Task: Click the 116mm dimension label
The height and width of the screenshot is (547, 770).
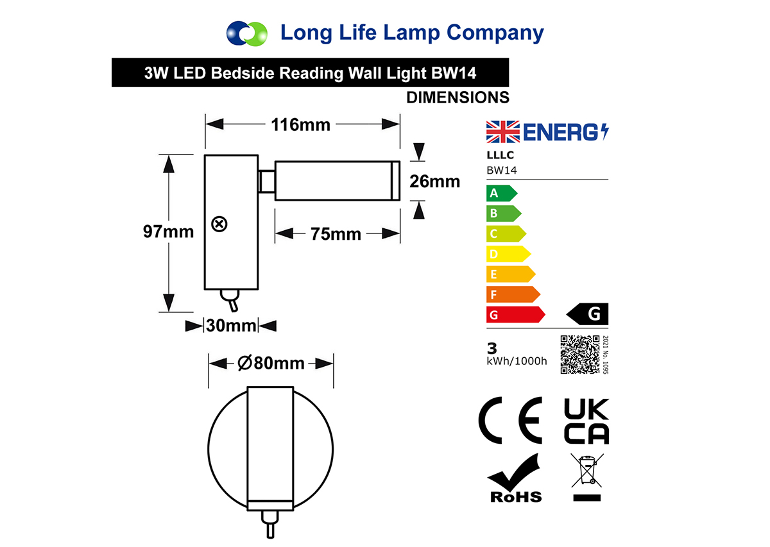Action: [x=300, y=124]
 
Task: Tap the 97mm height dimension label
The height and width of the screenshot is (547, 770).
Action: [x=168, y=231]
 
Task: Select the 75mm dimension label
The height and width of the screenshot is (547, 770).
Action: [x=336, y=234]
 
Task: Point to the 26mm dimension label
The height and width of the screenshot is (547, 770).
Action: [x=435, y=181]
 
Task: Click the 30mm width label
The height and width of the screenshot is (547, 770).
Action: [x=232, y=325]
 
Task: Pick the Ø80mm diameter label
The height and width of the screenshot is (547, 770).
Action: [x=271, y=363]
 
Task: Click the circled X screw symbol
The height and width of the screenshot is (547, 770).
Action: [x=219, y=224]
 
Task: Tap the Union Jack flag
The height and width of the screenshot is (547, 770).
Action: [x=503, y=132]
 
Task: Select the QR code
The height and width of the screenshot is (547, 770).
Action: [x=580, y=355]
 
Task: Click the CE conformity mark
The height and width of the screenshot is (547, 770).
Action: [x=510, y=421]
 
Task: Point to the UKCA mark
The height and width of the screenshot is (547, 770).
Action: [x=586, y=421]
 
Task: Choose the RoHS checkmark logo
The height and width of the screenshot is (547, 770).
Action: [x=515, y=478]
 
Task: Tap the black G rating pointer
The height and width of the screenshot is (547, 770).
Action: [x=588, y=314]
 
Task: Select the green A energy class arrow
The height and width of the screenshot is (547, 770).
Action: [x=502, y=193]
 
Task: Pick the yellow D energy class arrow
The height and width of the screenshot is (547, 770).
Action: [x=509, y=254]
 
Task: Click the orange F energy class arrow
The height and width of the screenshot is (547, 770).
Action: [x=513, y=294]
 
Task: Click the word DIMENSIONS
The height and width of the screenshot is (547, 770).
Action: [x=458, y=97]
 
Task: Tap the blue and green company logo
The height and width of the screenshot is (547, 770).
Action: [x=247, y=34]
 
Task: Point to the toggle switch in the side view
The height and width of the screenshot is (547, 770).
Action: [x=230, y=300]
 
